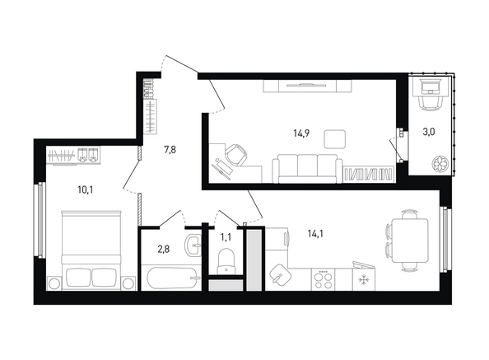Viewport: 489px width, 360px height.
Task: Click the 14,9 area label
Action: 301,133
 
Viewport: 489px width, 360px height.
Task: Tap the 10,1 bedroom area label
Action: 86,189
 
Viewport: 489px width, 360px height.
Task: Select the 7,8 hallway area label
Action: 170,150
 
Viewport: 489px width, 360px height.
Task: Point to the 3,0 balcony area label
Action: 429,132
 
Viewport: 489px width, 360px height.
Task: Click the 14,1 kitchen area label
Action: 315,233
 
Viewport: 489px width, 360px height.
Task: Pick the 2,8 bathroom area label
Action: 164,250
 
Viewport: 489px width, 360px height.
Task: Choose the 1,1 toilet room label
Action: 226,237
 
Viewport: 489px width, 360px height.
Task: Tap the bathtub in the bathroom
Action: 171,278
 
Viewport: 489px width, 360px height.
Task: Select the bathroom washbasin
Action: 193,245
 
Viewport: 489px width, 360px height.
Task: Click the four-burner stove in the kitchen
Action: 323,279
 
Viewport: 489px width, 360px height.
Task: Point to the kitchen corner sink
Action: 280,276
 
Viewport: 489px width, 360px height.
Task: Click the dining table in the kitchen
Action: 409,241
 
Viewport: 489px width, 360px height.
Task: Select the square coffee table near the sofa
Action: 334,139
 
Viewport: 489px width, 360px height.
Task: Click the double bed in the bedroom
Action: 91,250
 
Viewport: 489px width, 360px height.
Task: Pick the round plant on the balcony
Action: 440,163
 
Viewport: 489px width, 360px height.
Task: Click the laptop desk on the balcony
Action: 431,86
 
